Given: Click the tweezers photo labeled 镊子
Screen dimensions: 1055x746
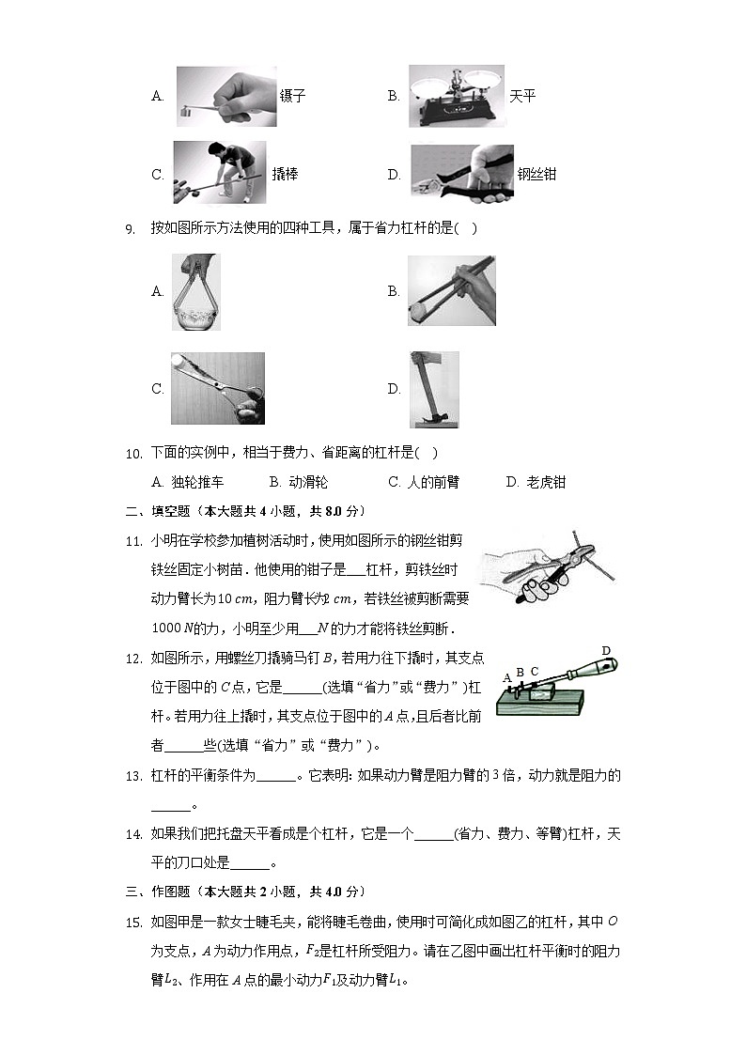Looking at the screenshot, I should (225, 96).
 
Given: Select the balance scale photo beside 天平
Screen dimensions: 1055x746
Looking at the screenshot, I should (456, 96).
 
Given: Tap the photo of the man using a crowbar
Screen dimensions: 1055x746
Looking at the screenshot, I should (220, 172).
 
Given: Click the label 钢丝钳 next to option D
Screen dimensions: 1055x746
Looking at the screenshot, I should (536, 175).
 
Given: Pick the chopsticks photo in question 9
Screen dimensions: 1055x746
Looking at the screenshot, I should (451, 291).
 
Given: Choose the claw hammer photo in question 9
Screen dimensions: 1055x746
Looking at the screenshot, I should (434, 389).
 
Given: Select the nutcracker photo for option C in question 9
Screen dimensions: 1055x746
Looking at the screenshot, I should (217, 389).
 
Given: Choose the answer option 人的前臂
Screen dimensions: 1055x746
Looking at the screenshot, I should (433, 483).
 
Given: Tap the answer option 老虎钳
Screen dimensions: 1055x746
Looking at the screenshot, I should (545, 483).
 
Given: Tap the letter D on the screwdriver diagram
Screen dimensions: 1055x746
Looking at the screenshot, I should (606, 651).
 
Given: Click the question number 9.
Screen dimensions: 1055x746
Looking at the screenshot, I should (131, 228).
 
